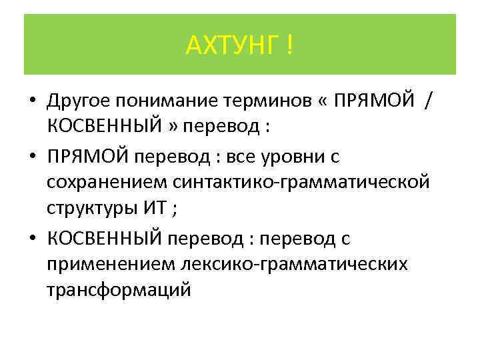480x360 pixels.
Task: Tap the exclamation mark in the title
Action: coord(289,46)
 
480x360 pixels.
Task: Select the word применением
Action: coord(111,265)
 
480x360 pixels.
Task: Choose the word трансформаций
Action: coord(119,291)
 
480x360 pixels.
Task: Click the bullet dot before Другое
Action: coord(32,102)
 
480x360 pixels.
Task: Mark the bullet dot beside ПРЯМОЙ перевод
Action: coord(32,158)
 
